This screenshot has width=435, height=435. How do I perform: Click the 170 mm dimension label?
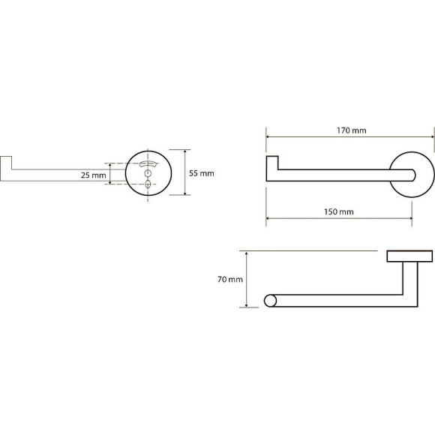[352, 130]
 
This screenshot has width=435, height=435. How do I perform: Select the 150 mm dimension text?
[339, 212]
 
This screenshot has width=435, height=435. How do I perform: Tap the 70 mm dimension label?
[230, 279]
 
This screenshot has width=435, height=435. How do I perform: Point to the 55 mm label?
[202, 174]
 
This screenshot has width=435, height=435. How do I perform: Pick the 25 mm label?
[94, 175]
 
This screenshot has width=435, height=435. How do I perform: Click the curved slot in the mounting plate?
[148, 163]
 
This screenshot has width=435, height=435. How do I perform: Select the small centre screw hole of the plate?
[148, 173]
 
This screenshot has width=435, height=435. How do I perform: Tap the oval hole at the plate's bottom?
[148, 184]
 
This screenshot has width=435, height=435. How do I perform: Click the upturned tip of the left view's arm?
[6, 163]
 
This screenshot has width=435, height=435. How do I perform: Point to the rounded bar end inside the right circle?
[413, 175]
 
